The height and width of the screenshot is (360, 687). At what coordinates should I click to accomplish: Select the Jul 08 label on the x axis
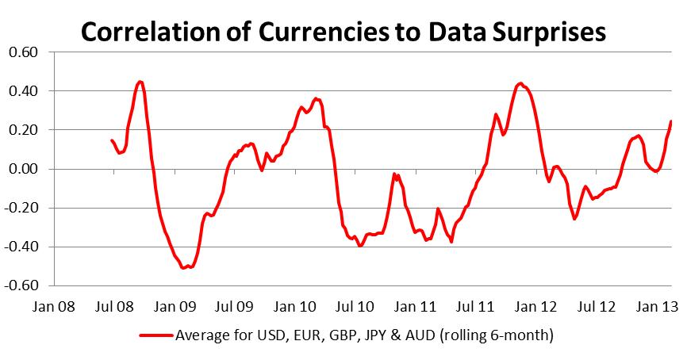(x=113, y=304)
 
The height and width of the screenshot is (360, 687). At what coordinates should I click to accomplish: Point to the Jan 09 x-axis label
(x=173, y=304)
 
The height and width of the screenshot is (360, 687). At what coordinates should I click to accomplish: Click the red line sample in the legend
(x=157, y=335)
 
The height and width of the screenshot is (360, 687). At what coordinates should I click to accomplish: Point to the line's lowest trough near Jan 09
(x=185, y=268)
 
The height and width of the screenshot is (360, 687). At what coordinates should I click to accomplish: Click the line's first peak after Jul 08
(x=140, y=82)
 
